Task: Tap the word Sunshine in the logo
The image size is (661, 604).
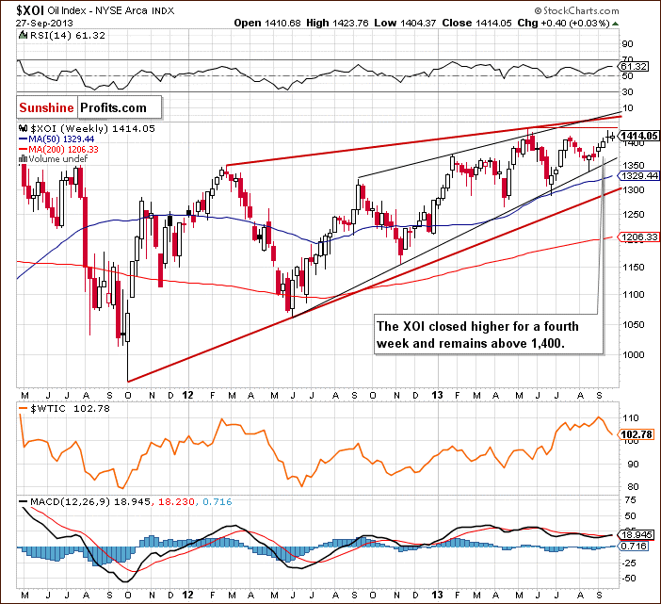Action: tap(46, 108)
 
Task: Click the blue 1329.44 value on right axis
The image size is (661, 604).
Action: tap(637, 176)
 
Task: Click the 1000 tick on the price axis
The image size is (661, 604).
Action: tap(629, 355)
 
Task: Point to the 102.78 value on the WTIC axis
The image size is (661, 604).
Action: tap(637, 433)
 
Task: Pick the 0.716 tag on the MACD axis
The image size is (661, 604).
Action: tap(635, 546)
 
